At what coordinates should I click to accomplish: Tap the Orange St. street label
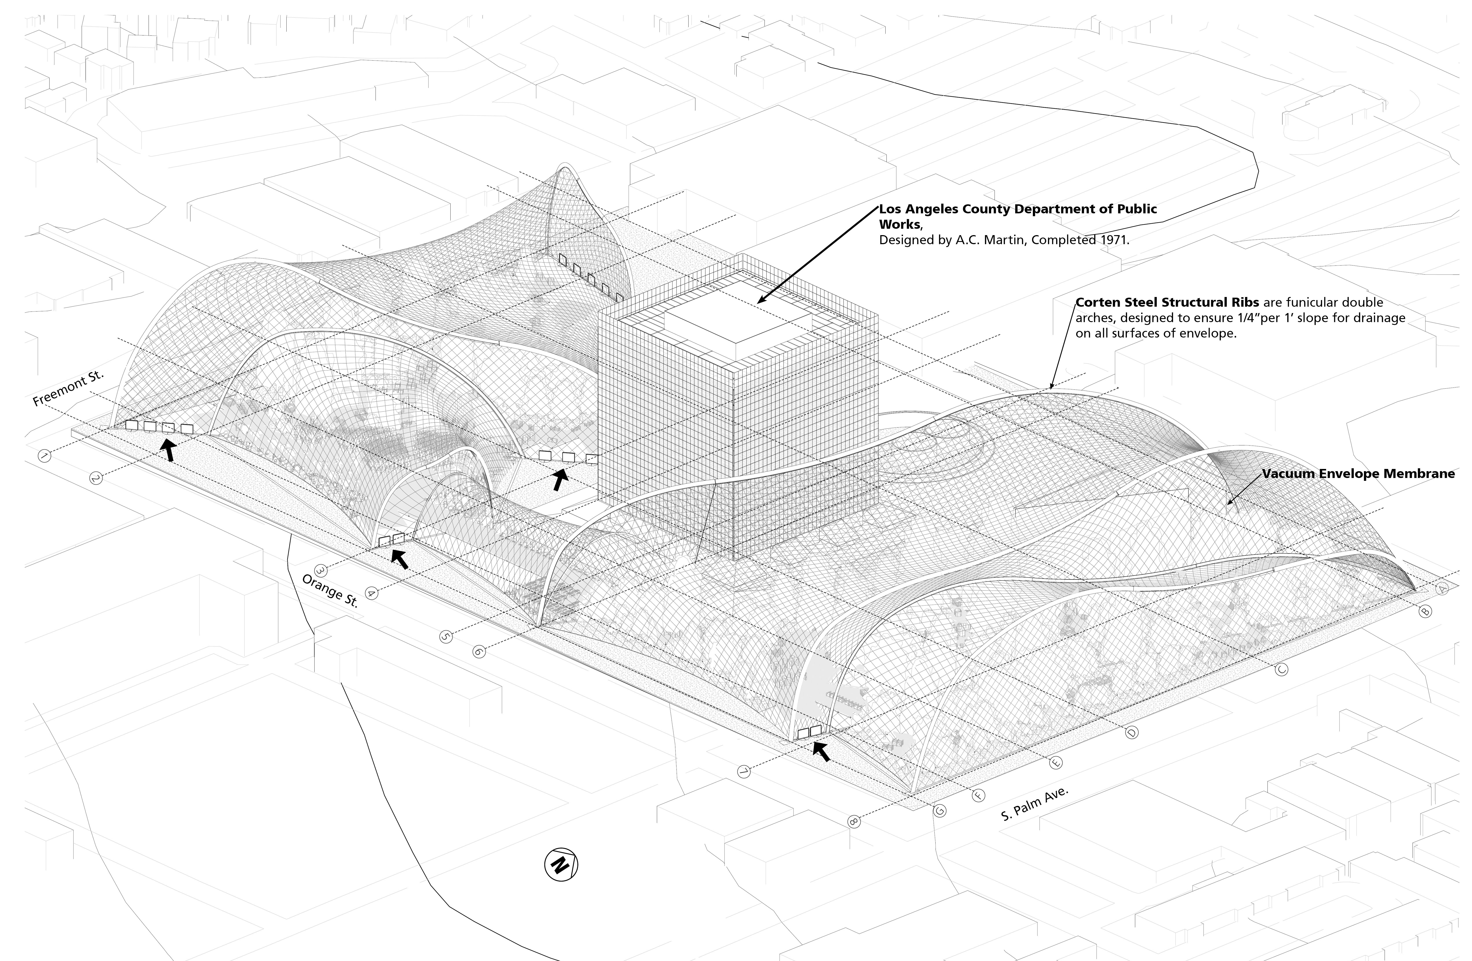click(330, 590)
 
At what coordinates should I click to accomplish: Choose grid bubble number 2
click(96, 478)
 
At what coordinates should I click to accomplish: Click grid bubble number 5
click(447, 636)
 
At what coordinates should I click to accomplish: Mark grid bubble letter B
click(1424, 611)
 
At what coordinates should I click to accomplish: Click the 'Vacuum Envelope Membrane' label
click(1358, 474)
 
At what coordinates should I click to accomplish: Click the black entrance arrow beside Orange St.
click(400, 559)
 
